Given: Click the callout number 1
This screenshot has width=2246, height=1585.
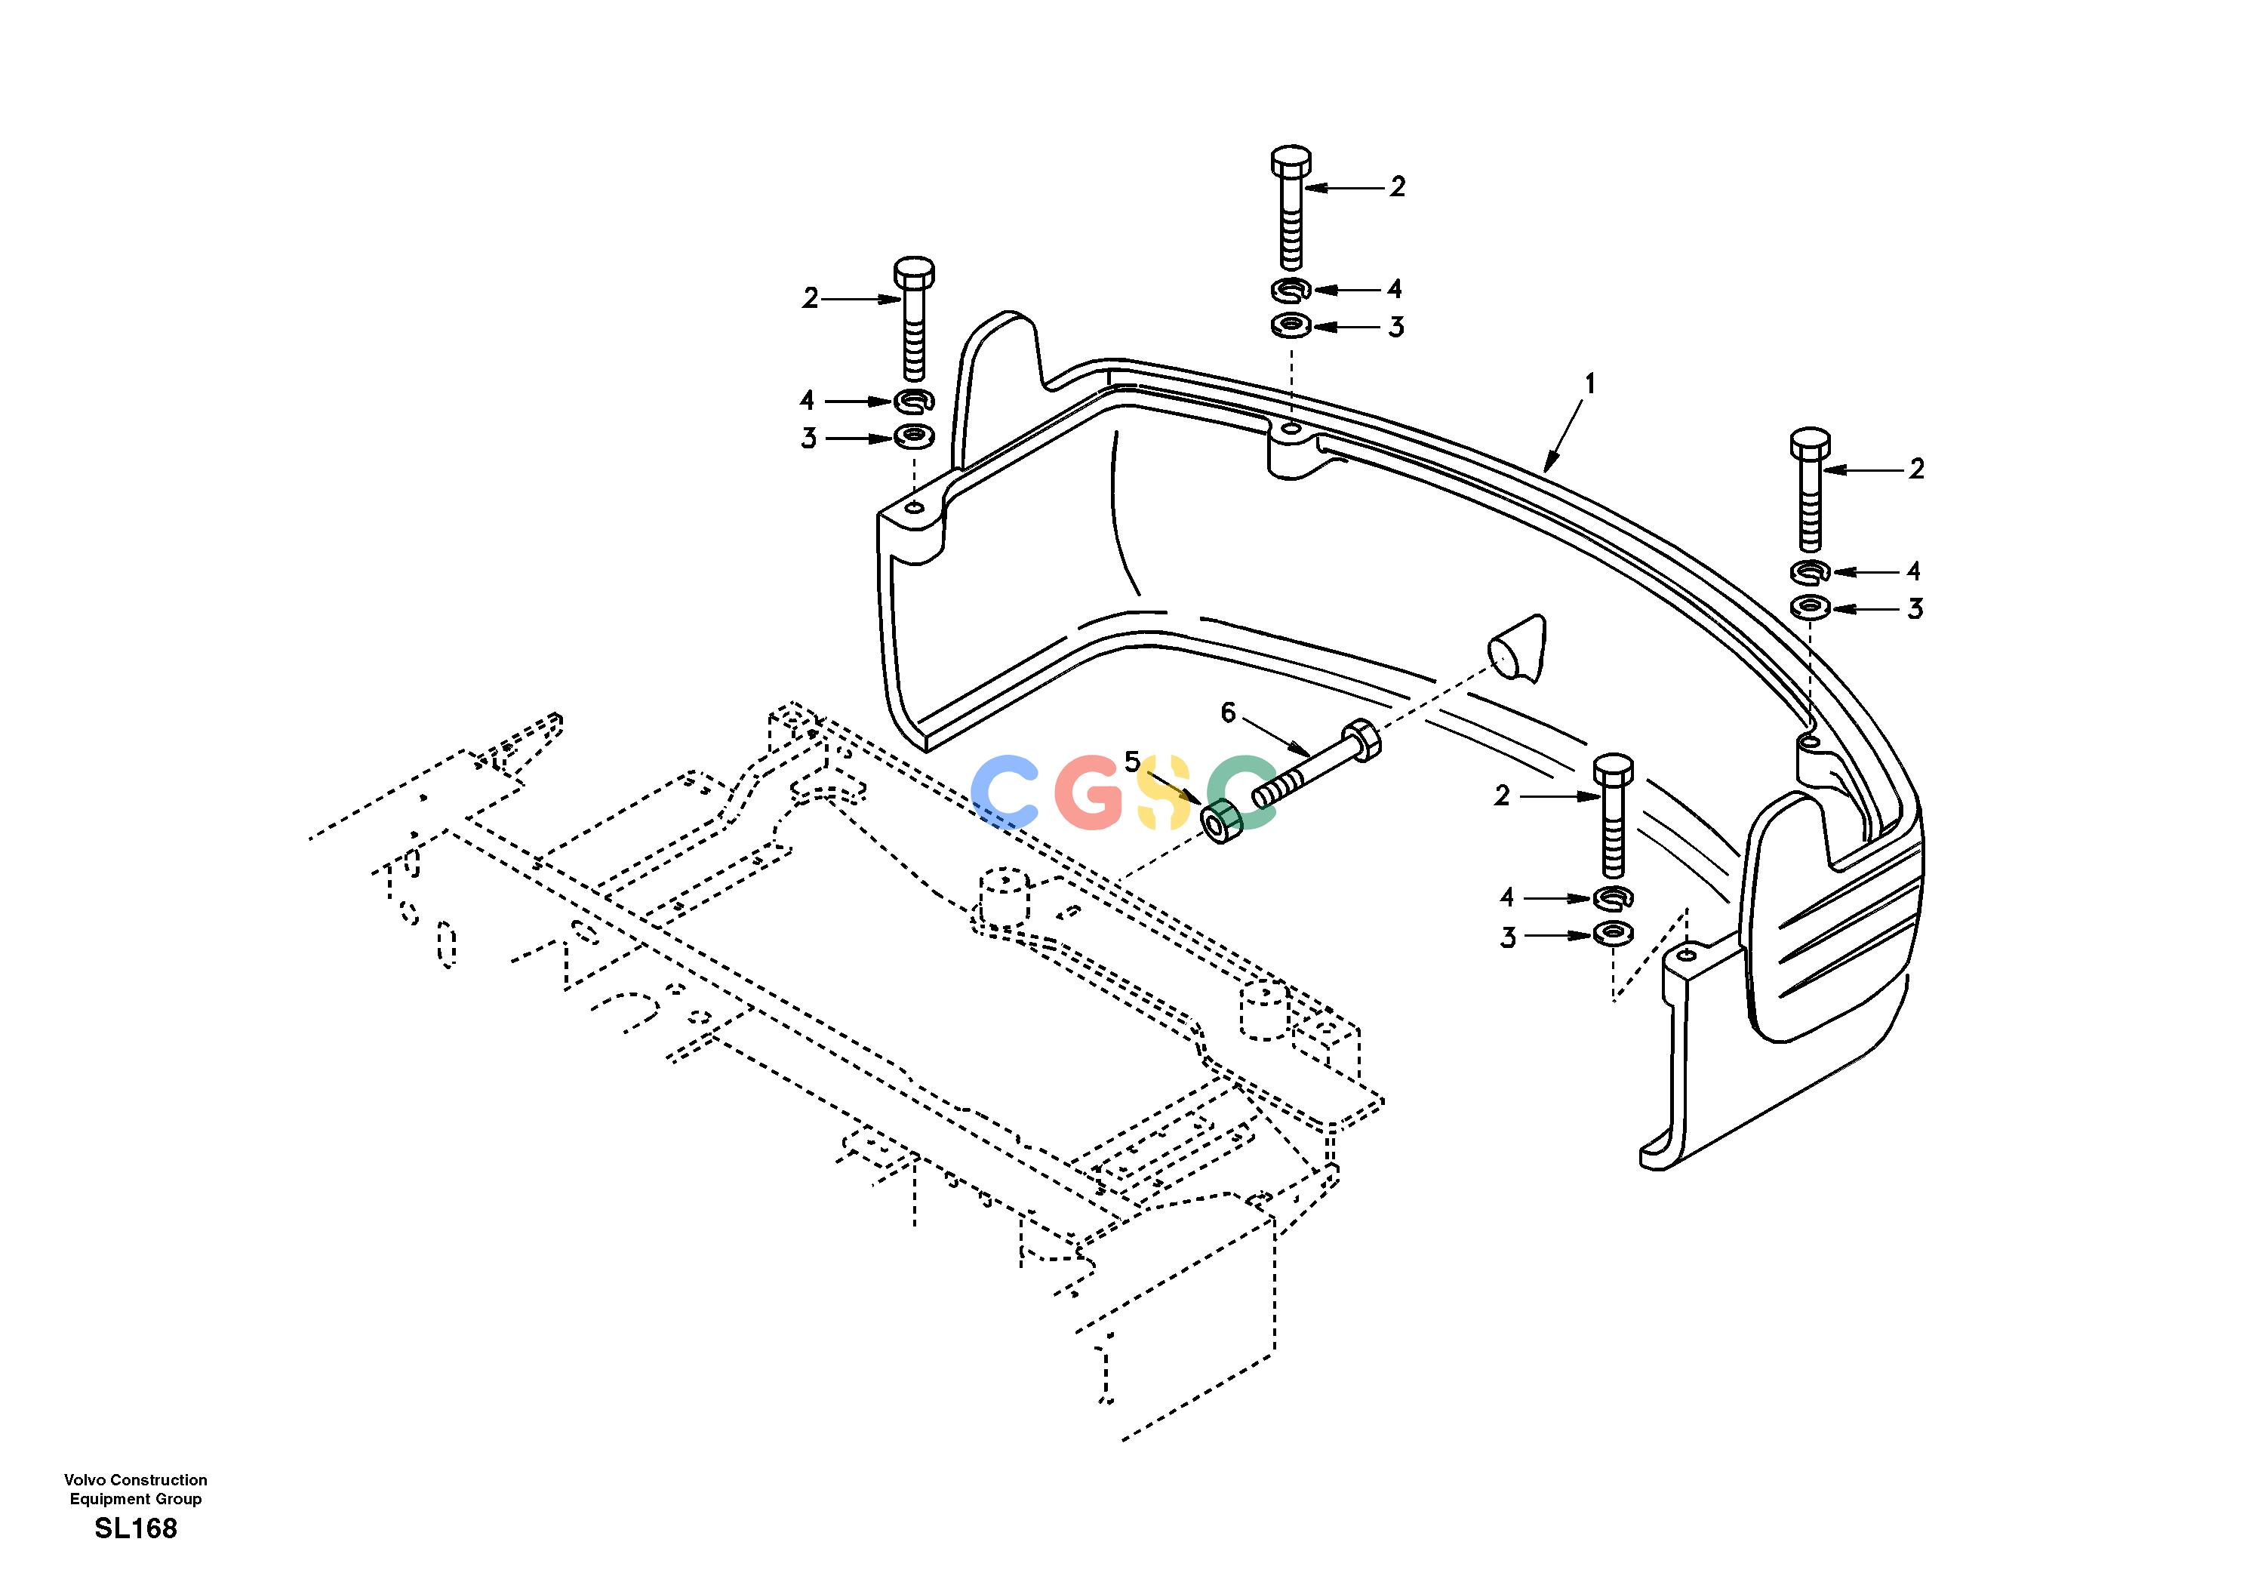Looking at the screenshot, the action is coord(1589,383).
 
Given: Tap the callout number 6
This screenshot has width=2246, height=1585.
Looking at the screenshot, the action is coord(1229,713).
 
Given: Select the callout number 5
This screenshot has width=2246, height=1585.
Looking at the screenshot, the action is coord(1132,762).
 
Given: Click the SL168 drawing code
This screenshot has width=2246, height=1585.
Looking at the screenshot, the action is coord(136,1528).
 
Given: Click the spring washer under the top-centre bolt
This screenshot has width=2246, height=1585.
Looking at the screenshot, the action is coord(1291,290).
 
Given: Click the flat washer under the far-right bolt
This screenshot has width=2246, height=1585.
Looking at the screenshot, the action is coord(1811,608).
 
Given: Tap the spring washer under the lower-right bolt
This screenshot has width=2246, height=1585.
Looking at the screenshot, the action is coord(1612,896).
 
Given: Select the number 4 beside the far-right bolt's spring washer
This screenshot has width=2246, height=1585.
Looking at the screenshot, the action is coord(1913,571).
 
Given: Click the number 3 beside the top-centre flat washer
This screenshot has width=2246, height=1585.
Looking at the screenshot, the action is coord(1396,327).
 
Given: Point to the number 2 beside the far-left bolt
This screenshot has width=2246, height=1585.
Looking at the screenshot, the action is coord(810,298).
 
